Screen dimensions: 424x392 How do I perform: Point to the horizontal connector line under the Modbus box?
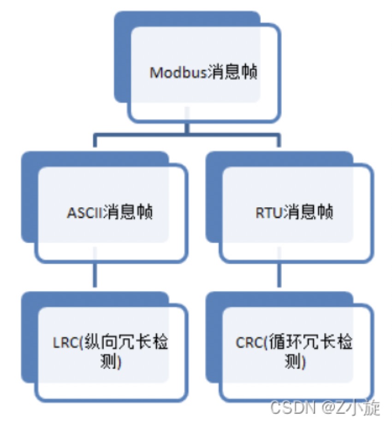(187, 135)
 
